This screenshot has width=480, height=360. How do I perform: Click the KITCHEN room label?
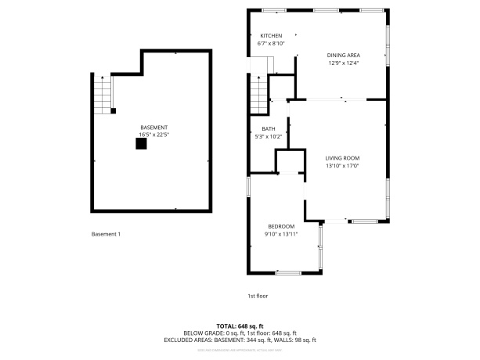[271, 36]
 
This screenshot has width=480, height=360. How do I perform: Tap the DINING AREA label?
[343, 55]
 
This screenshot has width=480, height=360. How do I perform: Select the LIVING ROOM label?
[342, 158]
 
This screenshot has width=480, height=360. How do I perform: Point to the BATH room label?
[268, 129]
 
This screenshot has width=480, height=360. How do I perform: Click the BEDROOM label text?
[280, 226]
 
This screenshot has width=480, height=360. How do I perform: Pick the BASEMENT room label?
[153, 128]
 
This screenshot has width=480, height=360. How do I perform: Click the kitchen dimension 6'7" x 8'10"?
[271, 44]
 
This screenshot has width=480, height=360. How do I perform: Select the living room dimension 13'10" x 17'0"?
[342, 166]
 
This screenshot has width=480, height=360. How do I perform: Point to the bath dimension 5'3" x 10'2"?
[268, 137]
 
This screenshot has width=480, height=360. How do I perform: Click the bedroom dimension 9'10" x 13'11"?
[280, 234]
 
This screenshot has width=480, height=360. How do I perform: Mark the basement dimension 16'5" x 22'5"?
[153, 135]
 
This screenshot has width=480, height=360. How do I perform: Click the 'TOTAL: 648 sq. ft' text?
[240, 326]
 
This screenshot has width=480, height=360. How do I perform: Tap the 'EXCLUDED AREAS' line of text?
[240, 340]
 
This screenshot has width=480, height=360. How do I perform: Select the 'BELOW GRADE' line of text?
[240, 333]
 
